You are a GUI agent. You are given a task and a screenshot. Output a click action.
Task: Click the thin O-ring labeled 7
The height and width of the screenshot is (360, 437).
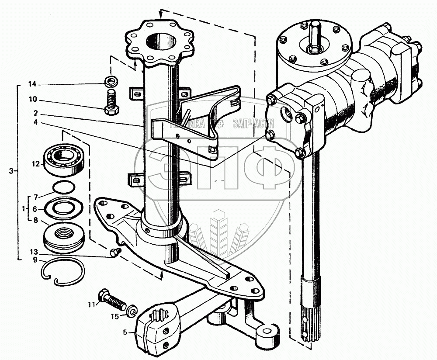click(x=63, y=187)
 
